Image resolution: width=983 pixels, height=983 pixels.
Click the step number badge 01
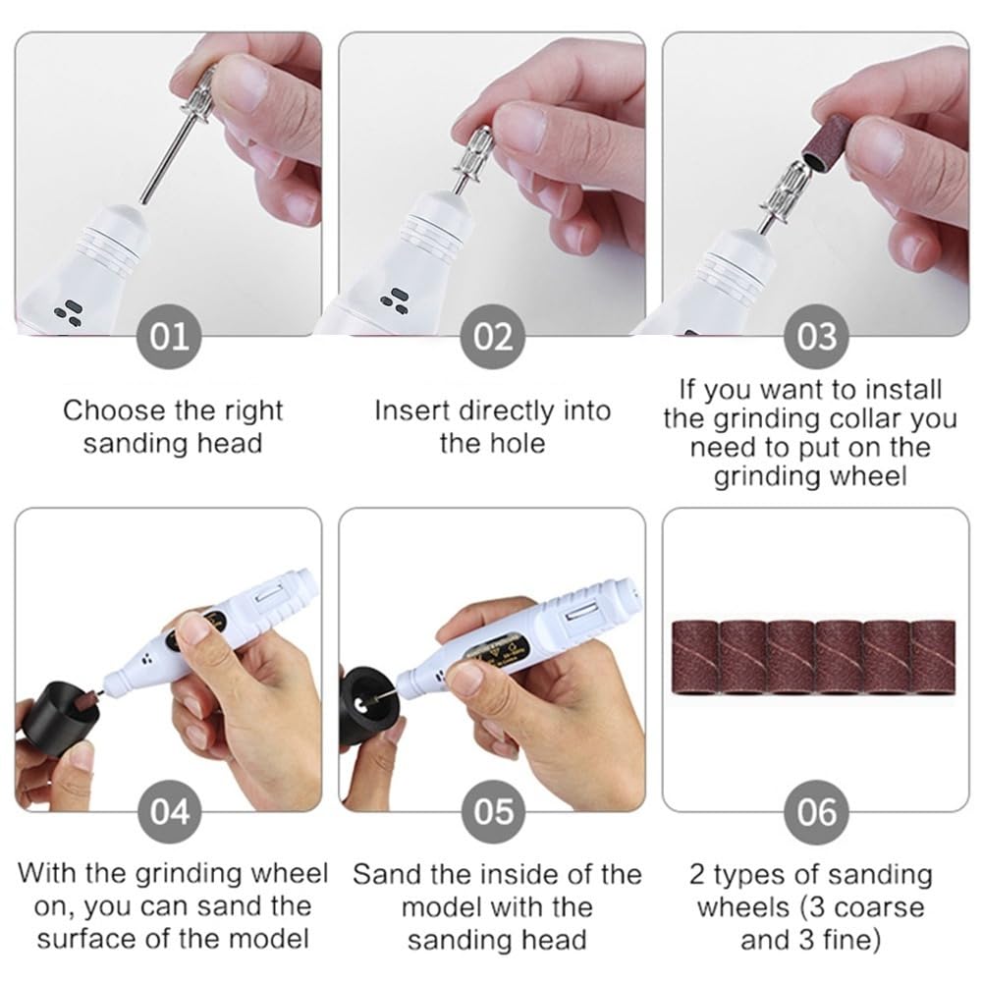(169, 337)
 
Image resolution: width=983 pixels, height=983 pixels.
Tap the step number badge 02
(493, 337)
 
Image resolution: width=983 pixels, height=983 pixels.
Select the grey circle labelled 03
(816, 337)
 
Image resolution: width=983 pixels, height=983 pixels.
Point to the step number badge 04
(169, 812)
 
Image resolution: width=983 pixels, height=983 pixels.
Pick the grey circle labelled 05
(493, 812)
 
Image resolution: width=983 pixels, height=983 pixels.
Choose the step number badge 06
(816, 812)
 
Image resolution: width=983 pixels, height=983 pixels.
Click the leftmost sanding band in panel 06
(694, 658)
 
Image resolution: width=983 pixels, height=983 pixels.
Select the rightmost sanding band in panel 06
(933, 658)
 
